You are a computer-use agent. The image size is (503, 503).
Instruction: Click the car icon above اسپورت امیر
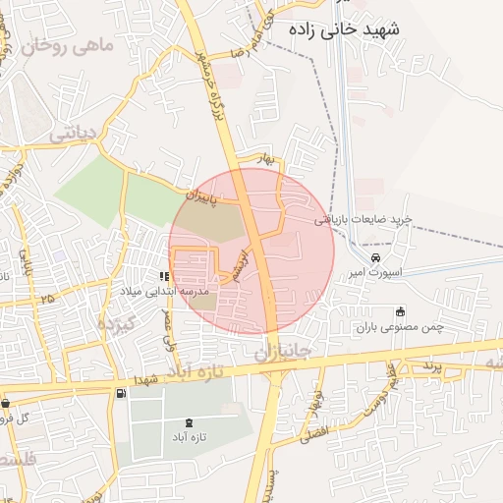(363, 257)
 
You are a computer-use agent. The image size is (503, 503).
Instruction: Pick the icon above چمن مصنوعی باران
(399, 311)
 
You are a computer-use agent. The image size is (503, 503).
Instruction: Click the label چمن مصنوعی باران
(401, 326)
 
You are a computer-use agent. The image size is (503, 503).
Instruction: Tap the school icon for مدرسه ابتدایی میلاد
(164, 276)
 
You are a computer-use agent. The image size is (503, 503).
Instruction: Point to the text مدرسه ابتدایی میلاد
(165, 292)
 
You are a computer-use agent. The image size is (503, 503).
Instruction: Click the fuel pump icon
(120, 393)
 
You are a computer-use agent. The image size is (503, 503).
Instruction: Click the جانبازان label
(282, 351)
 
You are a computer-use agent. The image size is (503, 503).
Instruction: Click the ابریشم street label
(243, 261)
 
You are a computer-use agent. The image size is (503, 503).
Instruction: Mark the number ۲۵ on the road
(47, 296)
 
